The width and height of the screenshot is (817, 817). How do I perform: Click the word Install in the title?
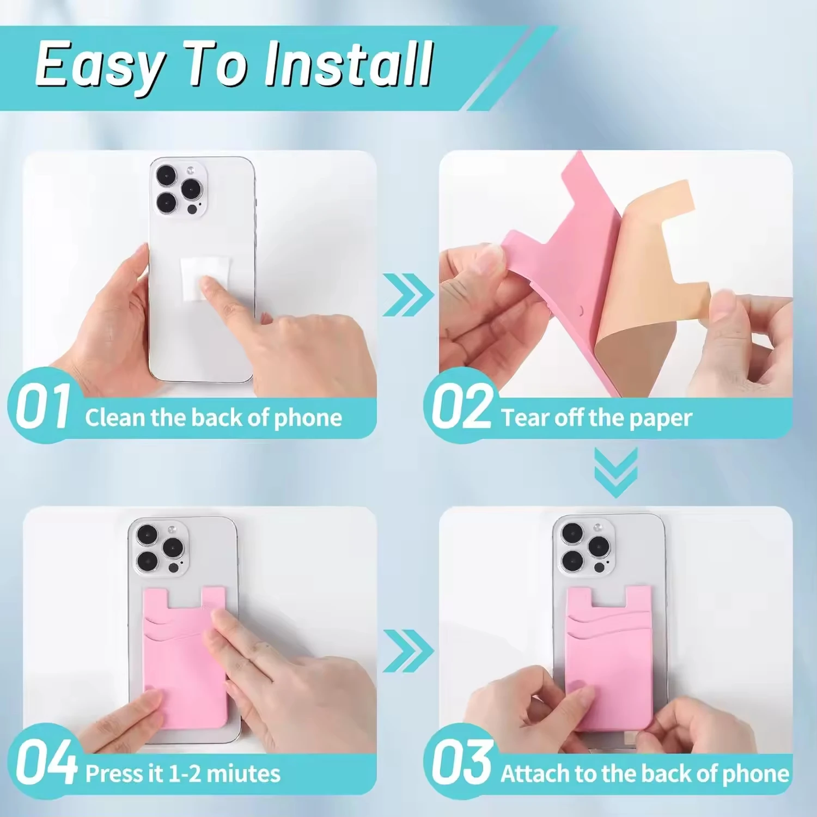349,65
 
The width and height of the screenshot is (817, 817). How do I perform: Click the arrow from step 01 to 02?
407,295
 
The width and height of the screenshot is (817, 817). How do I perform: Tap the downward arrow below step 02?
615,472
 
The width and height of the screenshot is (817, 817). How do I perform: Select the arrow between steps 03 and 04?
407,650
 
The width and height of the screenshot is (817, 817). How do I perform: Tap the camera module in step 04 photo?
159,548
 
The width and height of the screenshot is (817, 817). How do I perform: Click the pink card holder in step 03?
609,654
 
